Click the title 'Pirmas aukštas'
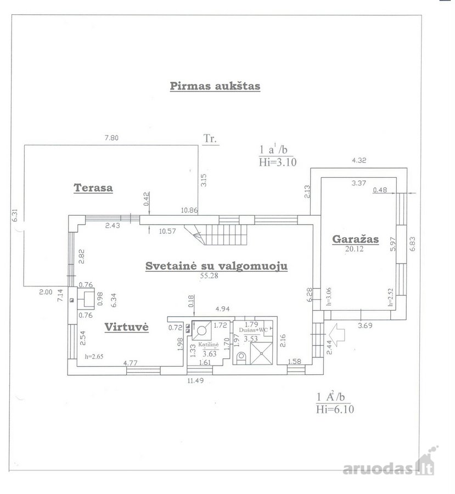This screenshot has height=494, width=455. point(215,86)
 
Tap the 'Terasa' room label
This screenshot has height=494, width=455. point(93,188)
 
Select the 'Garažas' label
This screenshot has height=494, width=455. point(356,239)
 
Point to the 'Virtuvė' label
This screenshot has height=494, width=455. point(126,327)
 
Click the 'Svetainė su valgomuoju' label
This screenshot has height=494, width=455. point(216,266)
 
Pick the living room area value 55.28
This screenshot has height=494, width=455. point(209,276)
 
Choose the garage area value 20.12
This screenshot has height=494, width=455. point(354,249)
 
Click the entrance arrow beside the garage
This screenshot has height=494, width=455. point(336,335)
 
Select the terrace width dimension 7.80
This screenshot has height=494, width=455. point(111,138)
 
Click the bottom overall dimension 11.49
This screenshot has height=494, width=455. point(195,380)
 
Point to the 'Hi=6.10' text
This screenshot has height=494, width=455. point(335,409)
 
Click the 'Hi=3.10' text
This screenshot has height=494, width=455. point(278,162)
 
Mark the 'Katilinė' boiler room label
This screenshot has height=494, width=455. point(208,345)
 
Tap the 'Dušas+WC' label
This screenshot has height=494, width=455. point(254,330)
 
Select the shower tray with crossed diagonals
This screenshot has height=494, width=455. point(261,353)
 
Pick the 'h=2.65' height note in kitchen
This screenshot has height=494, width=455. point(94,357)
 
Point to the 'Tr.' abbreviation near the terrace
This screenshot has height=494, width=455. point(210,139)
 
